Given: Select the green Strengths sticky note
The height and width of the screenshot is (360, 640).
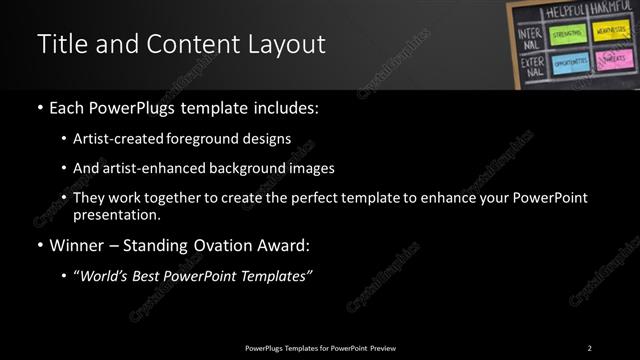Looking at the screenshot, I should (x=566, y=35).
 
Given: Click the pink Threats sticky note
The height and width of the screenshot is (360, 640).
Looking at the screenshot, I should (x=612, y=61).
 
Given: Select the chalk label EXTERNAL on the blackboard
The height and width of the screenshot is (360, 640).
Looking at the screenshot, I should (x=532, y=68).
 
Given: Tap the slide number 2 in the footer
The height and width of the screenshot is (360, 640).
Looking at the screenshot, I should (x=589, y=348).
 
